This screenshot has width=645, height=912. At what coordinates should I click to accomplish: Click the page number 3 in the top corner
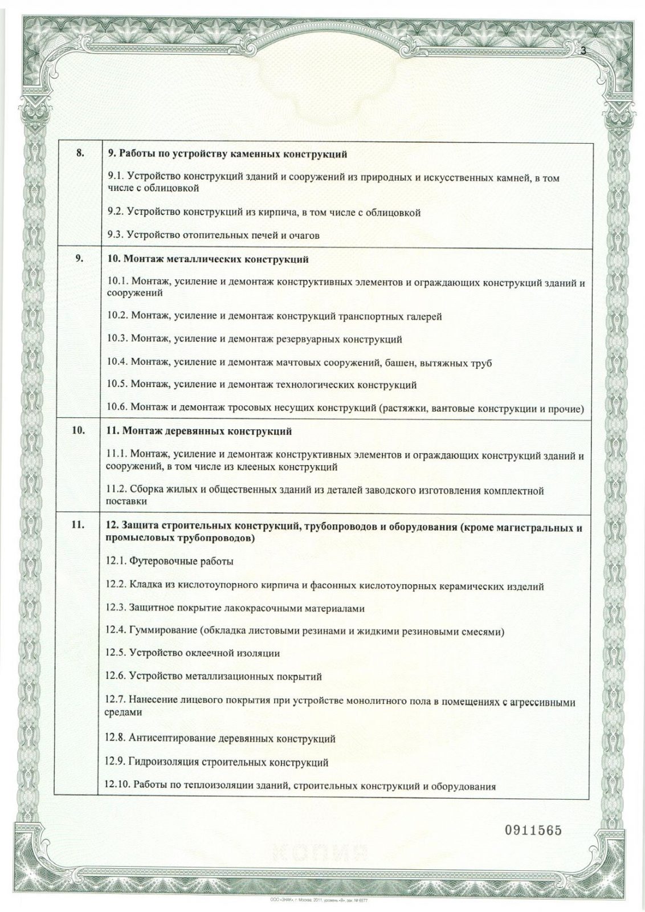(x=583, y=50)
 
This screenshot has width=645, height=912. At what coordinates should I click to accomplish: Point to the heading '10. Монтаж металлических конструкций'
(x=207, y=260)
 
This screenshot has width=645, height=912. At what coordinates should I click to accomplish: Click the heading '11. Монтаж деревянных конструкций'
(x=199, y=431)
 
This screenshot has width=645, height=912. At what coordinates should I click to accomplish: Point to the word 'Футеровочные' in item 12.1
(x=156, y=561)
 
